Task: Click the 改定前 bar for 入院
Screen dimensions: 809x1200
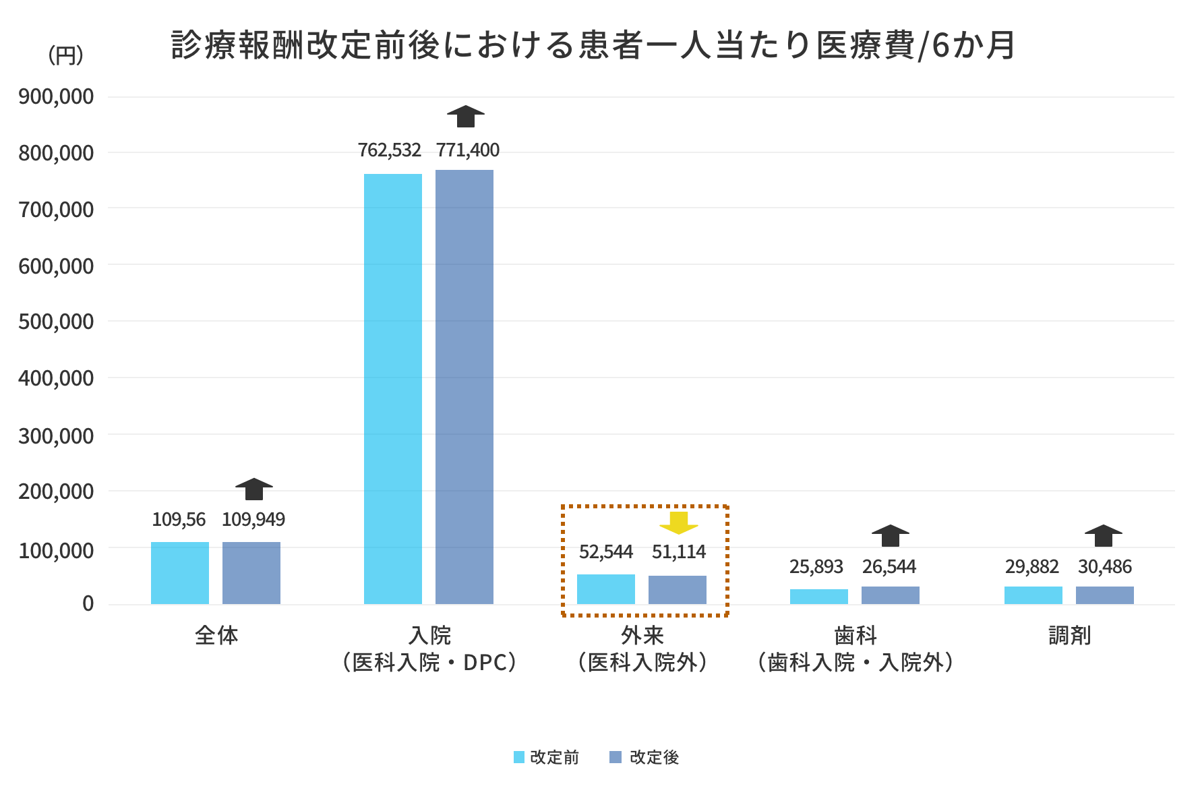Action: click(x=393, y=389)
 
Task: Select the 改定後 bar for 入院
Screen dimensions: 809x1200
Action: click(x=464, y=387)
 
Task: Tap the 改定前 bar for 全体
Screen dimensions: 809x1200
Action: click(x=180, y=573)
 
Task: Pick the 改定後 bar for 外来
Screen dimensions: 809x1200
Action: click(x=678, y=590)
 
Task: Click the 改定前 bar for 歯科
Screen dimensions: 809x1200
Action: click(x=819, y=597)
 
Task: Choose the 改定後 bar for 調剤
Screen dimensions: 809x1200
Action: click(x=1105, y=595)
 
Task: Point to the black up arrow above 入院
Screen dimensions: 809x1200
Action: click(x=466, y=116)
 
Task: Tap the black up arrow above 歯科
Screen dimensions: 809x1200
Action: click(x=891, y=535)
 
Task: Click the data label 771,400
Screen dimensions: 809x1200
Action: click(x=468, y=150)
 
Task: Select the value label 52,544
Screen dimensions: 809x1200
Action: click(x=606, y=552)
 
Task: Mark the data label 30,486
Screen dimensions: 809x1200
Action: click(x=1105, y=567)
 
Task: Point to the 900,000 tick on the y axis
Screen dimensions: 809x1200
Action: click(x=56, y=96)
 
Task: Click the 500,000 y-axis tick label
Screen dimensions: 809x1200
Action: click(x=56, y=322)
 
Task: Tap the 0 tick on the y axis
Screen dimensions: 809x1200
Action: click(x=88, y=604)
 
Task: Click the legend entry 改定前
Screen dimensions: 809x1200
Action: click(x=546, y=757)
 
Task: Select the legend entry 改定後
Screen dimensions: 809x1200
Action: click(x=645, y=757)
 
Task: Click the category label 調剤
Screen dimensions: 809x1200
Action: click(x=1070, y=636)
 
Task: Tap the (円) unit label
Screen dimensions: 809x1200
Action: click(x=65, y=55)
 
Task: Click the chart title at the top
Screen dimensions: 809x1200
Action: click(x=593, y=46)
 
